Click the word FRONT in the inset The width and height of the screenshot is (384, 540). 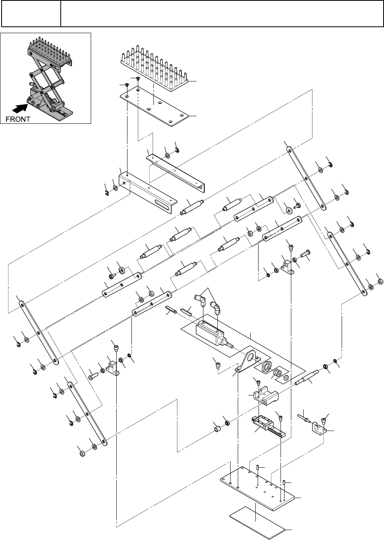point(18,119)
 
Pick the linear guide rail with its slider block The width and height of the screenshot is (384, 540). point(268,427)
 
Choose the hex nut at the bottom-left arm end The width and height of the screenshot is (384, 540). point(81,454)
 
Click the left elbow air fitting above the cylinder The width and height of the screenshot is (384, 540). point(200,298)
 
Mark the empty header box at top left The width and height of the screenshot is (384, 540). point(31,14)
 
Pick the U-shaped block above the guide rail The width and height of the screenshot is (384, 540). point(263,394)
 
